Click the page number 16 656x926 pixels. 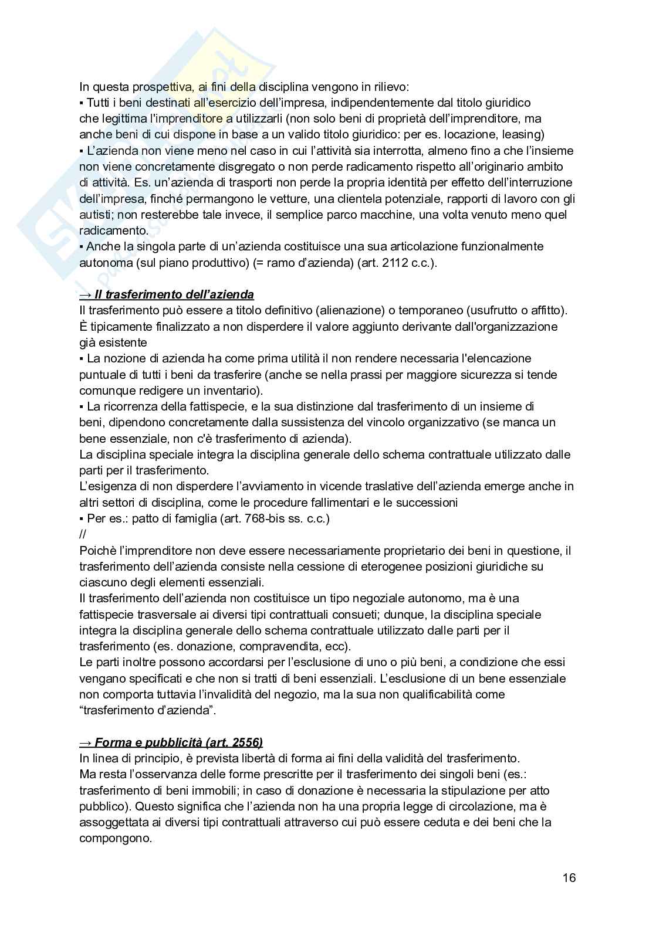pos(569,878)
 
